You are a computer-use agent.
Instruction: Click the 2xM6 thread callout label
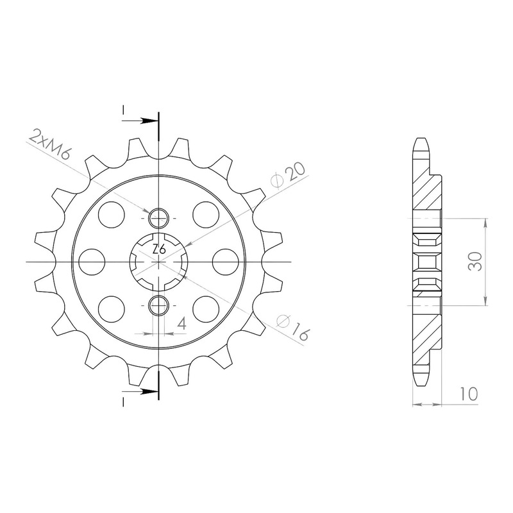[x=49, y=144]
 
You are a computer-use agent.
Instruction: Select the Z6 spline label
[x=159, y=249]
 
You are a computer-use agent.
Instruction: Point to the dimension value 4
[x=182, y=324]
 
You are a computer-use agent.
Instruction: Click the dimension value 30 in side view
[x=475, y=261]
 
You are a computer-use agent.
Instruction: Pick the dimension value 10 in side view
[x=469, y=394]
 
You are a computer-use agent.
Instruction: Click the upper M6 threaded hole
[x=158, y=218]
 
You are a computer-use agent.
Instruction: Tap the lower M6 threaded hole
[x=158, y=305]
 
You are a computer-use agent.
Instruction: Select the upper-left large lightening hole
[x=112, y=215]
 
